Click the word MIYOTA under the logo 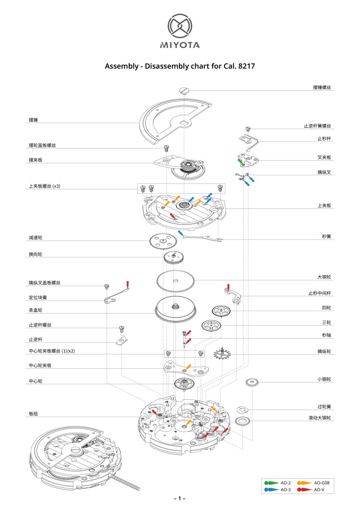(x=180, y=46)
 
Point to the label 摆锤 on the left (x=33, y=121)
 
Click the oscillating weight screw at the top (x=184, y=89)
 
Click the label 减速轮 (x=36, y=238)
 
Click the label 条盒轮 (x=36, y=310)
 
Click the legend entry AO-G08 (x=321, y=482)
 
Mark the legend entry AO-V (x=318, y=489)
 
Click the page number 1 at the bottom (x=179, y=498)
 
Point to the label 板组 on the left (x=33, y=413)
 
